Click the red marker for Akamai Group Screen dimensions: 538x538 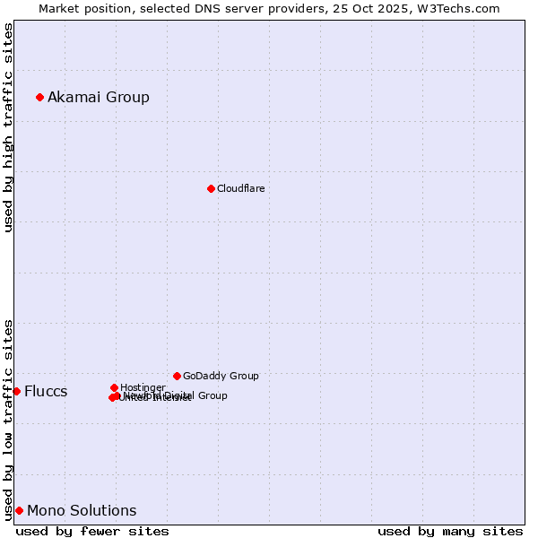[39, 97]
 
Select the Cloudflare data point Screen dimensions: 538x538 [211, 188]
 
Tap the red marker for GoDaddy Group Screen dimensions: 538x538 [177, 376]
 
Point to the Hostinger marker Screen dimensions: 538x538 [114, 387]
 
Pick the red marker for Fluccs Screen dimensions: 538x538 [16, 391]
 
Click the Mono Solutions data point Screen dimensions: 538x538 [19, 510]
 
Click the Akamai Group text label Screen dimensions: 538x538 [99, 97]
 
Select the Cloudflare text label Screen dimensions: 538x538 [240, 188]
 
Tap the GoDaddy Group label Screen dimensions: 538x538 [221, 376]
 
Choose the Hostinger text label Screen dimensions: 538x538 [143, 387]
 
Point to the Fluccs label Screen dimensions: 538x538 [46, 391]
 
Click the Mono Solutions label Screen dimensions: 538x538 [82, 510]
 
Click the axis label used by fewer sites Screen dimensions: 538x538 [92, 531]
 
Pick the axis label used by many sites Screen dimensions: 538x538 [450, 531]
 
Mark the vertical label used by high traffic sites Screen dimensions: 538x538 [8, 127]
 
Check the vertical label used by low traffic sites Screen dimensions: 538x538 [8, 419]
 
